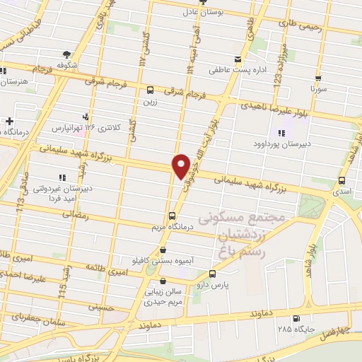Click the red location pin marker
pyautogui.click(x=181, y=165)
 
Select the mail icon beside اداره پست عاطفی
pyautogui.click(x=238, y=58)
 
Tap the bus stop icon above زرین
pyautogui.click(x=150, y=90)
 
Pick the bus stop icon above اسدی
pyautogui.click(x=342, y=180)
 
